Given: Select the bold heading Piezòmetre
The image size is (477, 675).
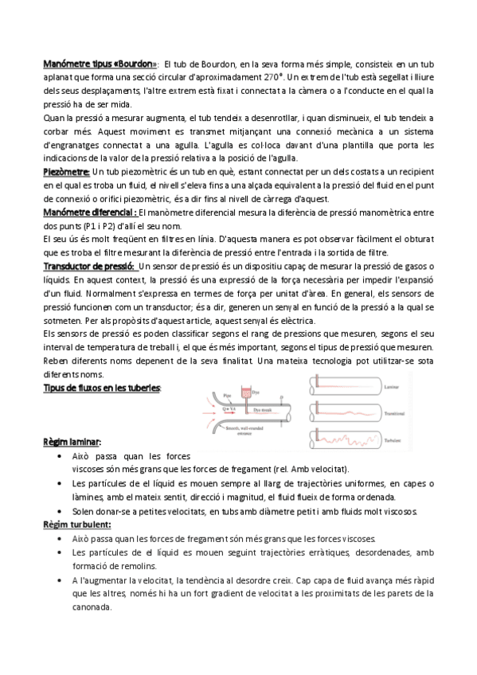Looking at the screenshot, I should pos(65,171).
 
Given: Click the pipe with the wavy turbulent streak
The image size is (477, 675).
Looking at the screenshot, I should pos(346,435).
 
